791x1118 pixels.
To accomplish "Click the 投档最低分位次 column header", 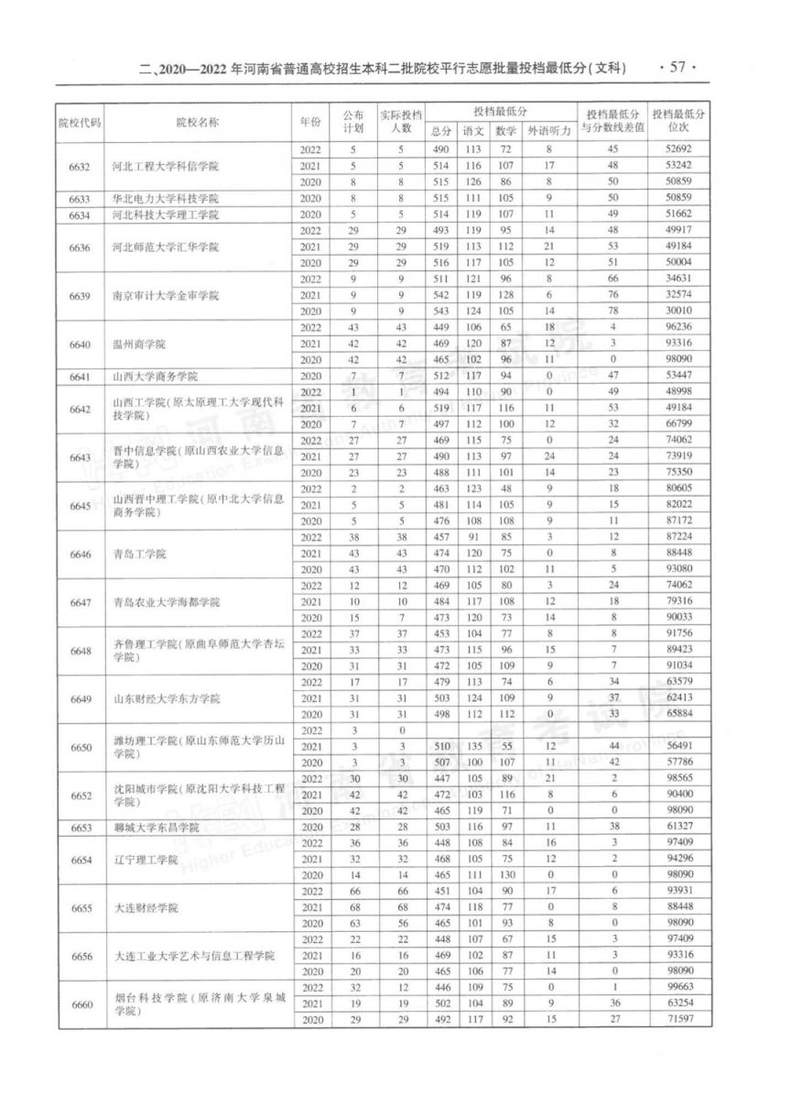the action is [678, 122].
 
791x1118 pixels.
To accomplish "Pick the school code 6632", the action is [80, 166].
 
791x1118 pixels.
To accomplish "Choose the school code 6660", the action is [80, 1005].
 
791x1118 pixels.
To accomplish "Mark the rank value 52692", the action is [678, 149].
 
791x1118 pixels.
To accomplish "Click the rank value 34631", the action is [678, 279].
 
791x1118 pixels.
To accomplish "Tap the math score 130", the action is [504, 876].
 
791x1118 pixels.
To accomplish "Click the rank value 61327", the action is [678, 828].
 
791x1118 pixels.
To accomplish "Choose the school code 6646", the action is [80, 554].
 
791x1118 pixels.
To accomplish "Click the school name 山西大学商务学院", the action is [156, 377].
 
